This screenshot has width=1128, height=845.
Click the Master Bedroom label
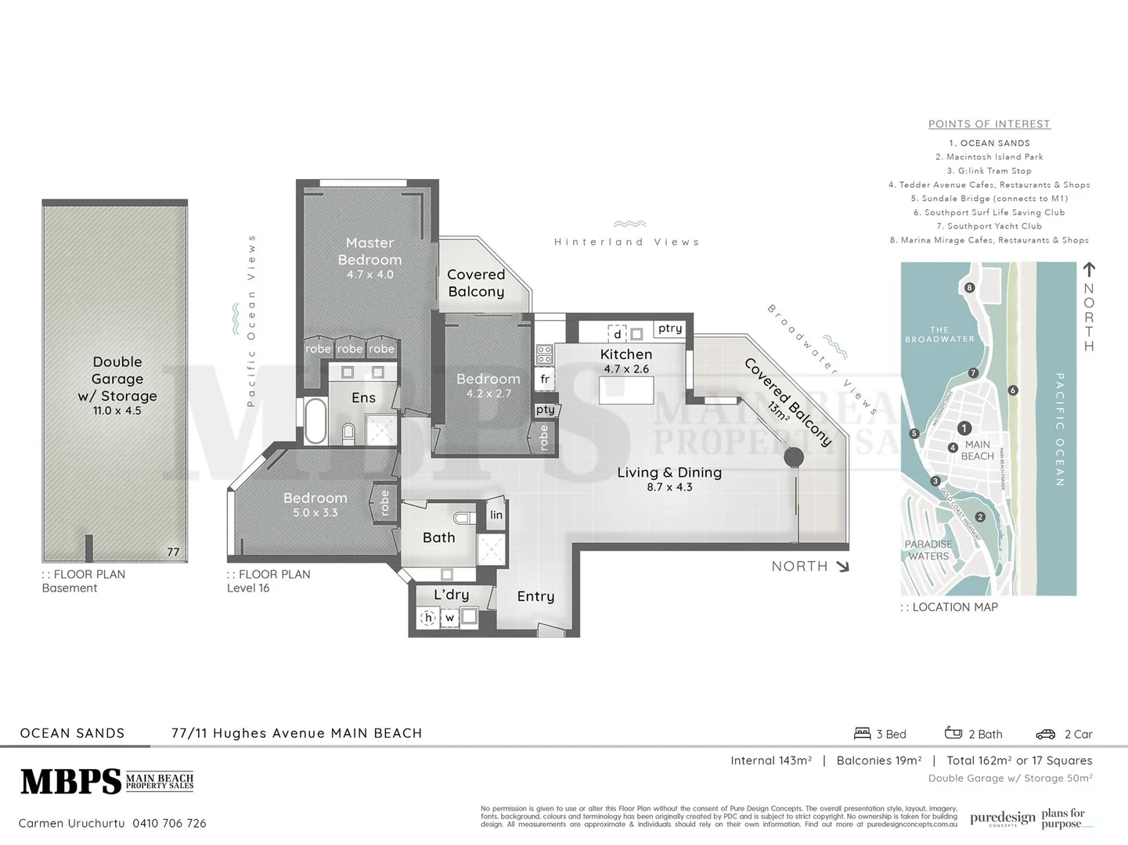pyautogui.click(x=369, y=251)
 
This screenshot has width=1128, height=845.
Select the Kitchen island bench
pyautogui.click(x=625, y=390)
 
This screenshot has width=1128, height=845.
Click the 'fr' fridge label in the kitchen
pyautogui.click(x=545, y=379)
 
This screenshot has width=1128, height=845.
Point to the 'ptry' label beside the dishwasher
pyautogui.click(x=670, y=328)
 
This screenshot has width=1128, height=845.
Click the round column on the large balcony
pyautogui.click(x=794, y=457)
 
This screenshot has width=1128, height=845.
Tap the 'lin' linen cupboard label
pyautogui.click(x=496, y=515)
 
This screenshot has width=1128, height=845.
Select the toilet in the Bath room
pyautogui.click(x=463, y=517)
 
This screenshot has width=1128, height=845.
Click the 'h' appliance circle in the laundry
pyautogui.click(x=428, y=617)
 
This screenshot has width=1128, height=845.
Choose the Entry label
pyautogui.click(x=535, y=596)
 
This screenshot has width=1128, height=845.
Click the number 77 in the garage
pyautogui.click(x=173, y=552)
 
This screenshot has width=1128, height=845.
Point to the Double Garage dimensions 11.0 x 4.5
pyautogui.click(x=117, y=411)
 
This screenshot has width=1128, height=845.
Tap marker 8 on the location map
pyautogui.click(x=969, y=287)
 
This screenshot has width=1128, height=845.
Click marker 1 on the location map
pyautogui.click(x=964, y=428)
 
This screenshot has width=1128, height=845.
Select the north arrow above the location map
pyautogui.click(x=1088, y=270)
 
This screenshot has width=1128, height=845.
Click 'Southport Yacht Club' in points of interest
pyautogui.click(x=989, y=226)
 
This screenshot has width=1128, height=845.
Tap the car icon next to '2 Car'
pyautogui.click(x=1045, y=734)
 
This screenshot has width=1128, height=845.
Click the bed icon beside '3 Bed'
pyautogui.click(x=862, y=733)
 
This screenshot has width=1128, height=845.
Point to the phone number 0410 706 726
pyautogui.click(x=169, y=823)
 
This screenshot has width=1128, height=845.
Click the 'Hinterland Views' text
pyautogui.click(x=626, y=242)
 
